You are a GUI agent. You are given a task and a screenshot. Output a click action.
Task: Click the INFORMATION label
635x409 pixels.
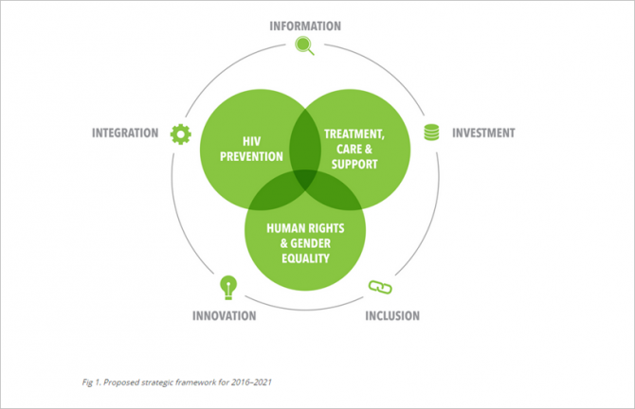point(305,27)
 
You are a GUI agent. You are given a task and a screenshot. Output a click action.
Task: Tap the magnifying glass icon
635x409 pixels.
point(304,45)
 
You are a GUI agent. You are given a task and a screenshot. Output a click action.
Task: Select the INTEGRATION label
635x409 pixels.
point(125,133)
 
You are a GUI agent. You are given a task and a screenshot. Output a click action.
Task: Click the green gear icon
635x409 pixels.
point(181,134)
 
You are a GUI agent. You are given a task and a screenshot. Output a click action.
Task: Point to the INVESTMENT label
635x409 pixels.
point(483,133)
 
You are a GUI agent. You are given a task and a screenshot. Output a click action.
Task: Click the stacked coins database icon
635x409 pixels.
point(431,133)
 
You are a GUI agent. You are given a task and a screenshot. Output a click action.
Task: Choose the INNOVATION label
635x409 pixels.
point(224,316)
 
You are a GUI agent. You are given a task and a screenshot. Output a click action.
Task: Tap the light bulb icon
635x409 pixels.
point(228,288)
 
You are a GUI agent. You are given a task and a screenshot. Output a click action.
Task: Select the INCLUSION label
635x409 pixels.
point(392,316)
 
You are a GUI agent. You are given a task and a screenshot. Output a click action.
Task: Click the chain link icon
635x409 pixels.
point(380,287)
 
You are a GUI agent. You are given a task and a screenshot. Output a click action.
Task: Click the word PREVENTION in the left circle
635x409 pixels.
point(251,156)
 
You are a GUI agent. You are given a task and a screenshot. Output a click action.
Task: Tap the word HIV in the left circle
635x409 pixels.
point(251,142)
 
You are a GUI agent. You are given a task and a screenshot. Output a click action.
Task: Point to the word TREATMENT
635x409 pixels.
point(354,133)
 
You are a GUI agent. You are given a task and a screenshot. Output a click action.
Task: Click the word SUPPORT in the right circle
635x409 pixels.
point(354,164)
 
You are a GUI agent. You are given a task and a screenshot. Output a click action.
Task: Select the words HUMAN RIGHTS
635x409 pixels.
point(305,228)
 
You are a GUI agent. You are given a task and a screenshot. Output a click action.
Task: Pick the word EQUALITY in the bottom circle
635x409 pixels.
point(305,258)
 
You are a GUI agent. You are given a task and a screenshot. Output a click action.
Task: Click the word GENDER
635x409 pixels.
point(310,243)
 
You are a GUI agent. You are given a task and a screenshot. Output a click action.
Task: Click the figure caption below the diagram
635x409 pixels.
point(177,382)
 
